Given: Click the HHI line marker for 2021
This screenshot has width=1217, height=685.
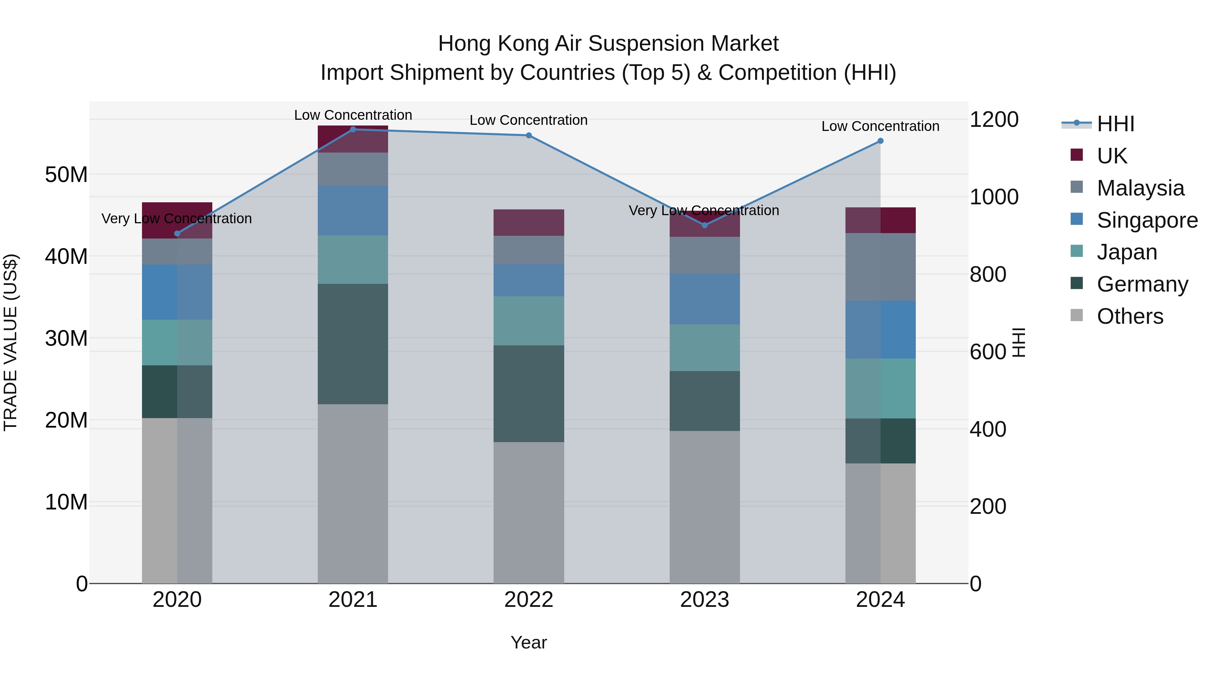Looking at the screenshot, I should coord(353,130).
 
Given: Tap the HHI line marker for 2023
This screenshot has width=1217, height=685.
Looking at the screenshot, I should coord(705,225).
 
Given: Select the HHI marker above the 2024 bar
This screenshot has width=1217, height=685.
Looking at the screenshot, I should coord(880,141).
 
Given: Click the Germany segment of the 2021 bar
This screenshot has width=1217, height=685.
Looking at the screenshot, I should coord(353,344).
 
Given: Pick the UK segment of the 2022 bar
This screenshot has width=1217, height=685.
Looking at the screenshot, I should coord(529,223).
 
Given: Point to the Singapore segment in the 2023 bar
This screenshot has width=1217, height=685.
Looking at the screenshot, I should coord(705,299).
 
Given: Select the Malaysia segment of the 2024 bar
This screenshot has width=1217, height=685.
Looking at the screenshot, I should coord(880,267).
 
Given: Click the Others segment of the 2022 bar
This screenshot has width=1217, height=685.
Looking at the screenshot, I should coord(529,512).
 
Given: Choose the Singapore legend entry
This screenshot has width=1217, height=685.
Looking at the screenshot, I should coord(1147,220).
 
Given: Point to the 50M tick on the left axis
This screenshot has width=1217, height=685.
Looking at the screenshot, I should coord(66,175).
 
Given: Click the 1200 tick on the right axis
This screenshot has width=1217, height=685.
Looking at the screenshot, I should coord(994,120).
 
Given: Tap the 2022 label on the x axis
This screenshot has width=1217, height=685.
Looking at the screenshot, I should coord(529,600).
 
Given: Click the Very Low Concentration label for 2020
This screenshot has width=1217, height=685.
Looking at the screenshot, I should coord(177,219).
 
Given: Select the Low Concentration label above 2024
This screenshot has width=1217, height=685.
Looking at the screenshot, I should coord(880,126).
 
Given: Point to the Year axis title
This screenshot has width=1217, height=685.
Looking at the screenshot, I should coord(529,642).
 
